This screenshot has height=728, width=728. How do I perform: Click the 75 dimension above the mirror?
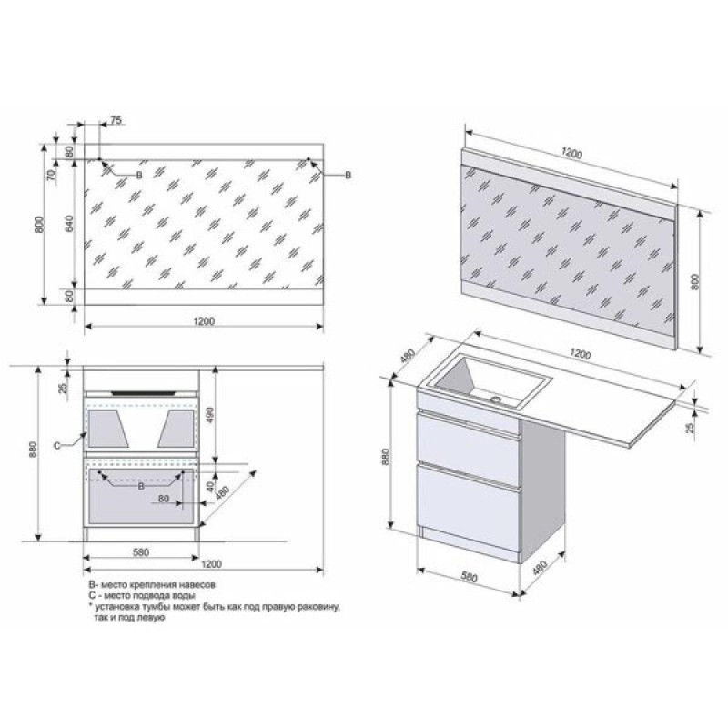pos(116,120)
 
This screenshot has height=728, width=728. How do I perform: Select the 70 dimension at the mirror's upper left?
pos(52,174)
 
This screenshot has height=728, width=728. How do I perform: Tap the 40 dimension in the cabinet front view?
pos(210,487)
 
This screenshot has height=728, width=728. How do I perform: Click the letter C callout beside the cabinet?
pos(56,446)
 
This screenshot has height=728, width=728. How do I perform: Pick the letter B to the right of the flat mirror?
pos(349,175)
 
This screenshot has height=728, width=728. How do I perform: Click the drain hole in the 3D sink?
pos(497,399)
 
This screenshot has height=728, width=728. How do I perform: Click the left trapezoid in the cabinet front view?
pos(108,429)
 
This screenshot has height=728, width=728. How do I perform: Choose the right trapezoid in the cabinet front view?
pos(176,429)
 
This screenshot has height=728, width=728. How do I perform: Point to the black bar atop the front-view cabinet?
pos(143,393)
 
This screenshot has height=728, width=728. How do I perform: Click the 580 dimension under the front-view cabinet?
pos(141,552)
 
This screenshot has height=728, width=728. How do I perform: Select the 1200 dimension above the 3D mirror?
pos(571,153)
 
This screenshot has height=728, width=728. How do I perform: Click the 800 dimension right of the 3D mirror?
pos(694,282)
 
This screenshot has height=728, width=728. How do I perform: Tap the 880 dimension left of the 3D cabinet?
pos(385,457)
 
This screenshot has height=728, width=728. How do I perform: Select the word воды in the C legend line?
pos(185,596)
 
